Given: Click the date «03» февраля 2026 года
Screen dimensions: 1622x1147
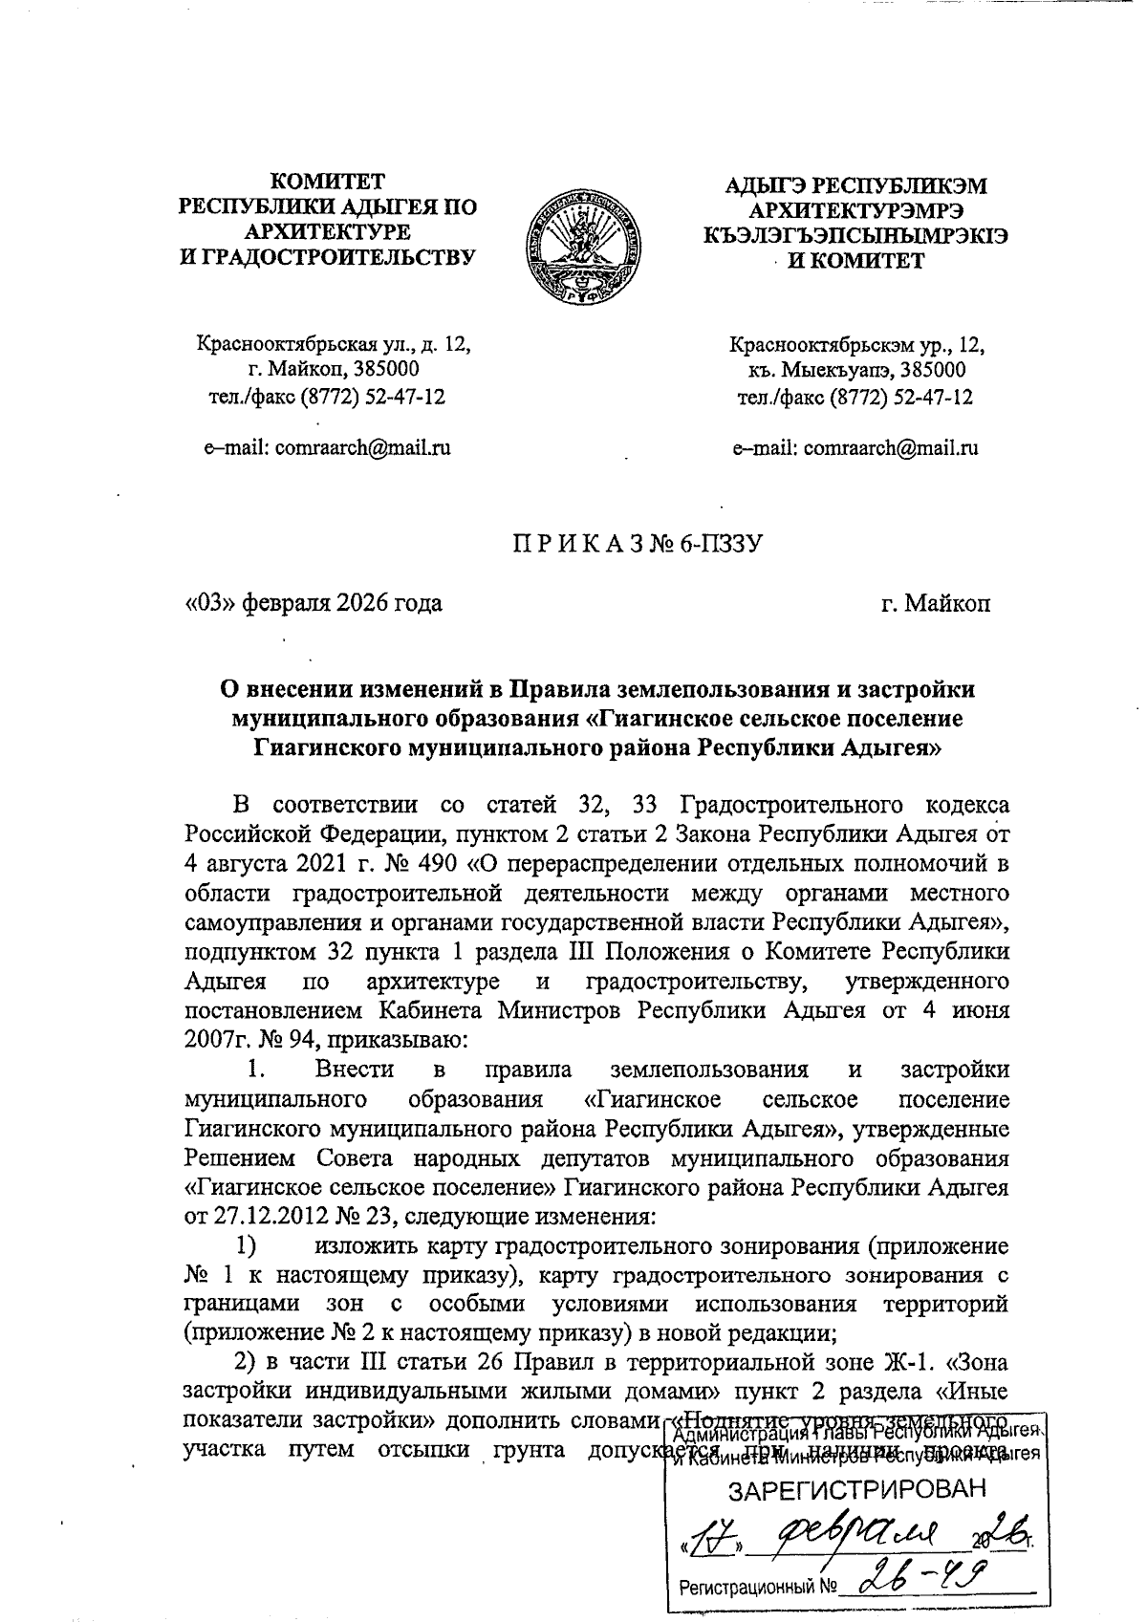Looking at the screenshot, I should click(x=314, y=603).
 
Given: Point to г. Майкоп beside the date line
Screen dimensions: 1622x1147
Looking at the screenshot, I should click(x=936, y=603).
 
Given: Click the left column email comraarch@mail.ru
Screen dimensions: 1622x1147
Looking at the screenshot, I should click(x=362, y=446).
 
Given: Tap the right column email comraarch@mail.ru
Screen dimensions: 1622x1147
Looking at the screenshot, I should click(x=891, y=446).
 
